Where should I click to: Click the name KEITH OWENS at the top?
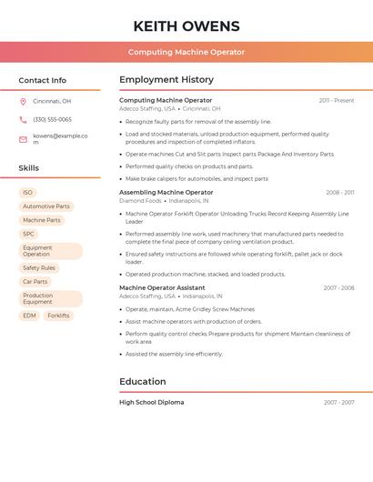(x=186, y=25)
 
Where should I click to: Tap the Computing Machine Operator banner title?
(x=186, y=52)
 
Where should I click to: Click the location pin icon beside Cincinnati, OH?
(x=23, y=101)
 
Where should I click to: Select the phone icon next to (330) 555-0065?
(x=23, y=119)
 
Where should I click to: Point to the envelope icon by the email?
(x=23, y=138)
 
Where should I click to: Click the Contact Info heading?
(x=42, y=80)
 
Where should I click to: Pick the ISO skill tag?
(x=27, y=193)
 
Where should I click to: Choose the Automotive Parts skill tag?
(x=45, y=206)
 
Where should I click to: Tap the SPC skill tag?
(x=29, y=234)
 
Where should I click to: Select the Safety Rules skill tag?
(x=39, y=268)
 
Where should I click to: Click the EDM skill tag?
(x=30, y=316)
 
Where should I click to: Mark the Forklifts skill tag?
(x=58, y=316)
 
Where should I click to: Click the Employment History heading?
(x=166, y=80)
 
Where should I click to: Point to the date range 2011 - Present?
(x=337, y=100)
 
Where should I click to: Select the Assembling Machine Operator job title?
(x=166, y=193)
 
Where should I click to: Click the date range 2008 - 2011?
(x=340, y=193)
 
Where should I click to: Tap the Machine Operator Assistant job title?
(x=162, y=288)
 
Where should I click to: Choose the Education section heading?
(x=143, y=382)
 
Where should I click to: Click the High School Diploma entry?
(x=152, y=402)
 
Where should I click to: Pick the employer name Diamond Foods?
(x=140, y=200)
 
